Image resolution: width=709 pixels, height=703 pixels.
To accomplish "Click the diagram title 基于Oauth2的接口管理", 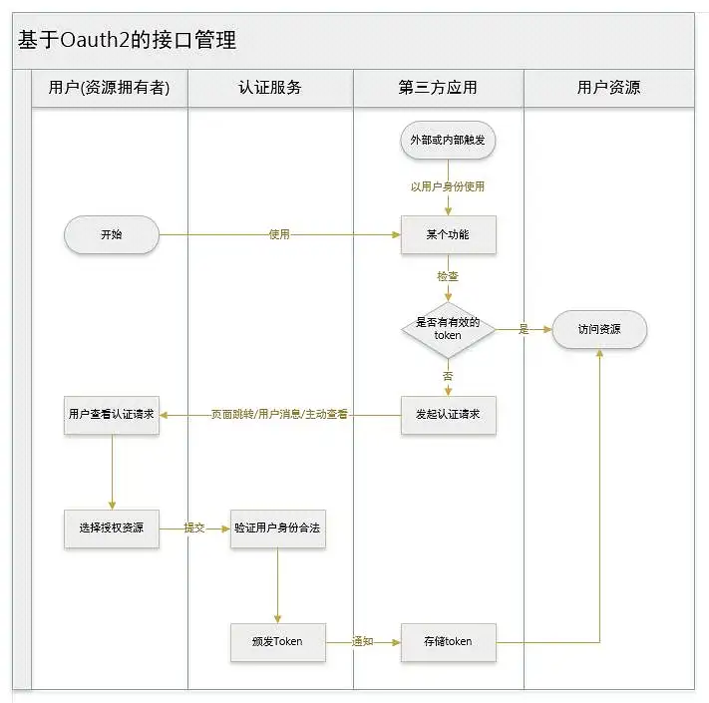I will (127, 41).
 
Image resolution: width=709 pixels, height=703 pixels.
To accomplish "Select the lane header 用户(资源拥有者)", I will (110, 88).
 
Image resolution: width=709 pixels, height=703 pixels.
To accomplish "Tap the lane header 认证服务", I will (270, 88).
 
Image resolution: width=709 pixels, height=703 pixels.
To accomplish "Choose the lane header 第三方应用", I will (438, 88).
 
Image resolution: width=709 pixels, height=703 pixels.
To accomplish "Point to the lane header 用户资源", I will (608, 88).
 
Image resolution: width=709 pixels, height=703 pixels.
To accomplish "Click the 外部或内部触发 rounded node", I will (448, 141).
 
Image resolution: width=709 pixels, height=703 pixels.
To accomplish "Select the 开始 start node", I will (112, 235).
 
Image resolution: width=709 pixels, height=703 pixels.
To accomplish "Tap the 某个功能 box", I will (448, 235).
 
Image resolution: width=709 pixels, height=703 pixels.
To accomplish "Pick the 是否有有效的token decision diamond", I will (448, 329).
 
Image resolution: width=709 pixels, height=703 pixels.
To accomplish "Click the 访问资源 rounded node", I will (599, 329).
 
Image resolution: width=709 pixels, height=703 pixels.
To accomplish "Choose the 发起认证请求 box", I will (448, 414).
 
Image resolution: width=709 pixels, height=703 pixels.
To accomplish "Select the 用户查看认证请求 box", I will (112, 414).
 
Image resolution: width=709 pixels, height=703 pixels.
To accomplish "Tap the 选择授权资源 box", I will (112, 527).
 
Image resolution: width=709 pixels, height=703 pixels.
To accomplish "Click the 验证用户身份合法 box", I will (278, 527).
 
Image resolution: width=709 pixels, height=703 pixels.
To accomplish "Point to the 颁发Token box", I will (278, 641).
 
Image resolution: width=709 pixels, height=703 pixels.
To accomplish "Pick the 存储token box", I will (448, 641).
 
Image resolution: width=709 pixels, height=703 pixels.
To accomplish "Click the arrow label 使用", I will (279, 235).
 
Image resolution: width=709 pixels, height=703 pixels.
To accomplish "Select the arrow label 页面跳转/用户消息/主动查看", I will (279, 414).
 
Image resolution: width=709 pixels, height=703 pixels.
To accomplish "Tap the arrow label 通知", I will (363, 641).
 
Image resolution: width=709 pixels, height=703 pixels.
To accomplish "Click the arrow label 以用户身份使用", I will (448, 186).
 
